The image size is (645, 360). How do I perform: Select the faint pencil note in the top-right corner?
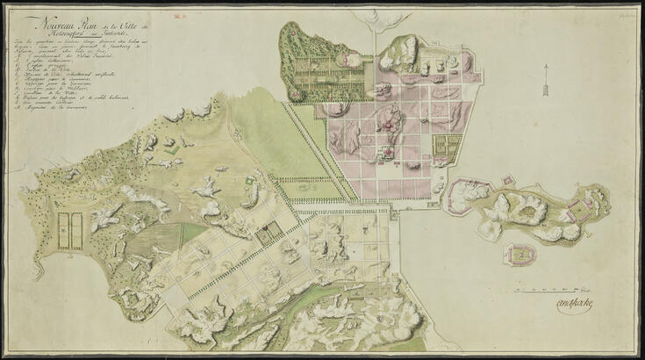(x=628, y=13)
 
